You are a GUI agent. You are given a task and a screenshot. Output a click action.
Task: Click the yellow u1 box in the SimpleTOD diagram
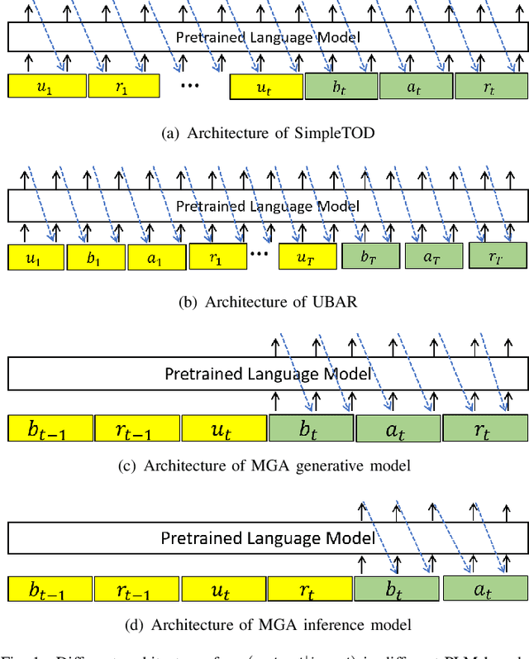pos(47,86)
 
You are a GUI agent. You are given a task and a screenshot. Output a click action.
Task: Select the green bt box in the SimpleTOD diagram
pos(341,86)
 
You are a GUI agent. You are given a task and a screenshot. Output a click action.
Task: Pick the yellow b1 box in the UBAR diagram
pos(95,257)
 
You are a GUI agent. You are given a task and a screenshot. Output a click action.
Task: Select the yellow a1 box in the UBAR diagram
pos(155,257)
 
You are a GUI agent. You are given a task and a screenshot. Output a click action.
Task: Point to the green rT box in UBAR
pos(498,256)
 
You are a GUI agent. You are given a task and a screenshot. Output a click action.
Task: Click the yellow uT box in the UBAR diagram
pos(307,257)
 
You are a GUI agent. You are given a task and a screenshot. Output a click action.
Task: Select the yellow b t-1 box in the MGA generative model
pos(50,428)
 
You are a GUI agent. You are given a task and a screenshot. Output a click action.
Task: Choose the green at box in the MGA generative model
pos(398,428)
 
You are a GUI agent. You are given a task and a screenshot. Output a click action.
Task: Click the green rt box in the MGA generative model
pos(484,428)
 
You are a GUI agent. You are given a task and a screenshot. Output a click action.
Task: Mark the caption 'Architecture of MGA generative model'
pos(265,466)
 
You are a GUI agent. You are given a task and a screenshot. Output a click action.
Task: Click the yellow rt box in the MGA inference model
pos(310,589)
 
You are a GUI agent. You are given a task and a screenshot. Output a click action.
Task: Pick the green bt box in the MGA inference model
pos(397,589)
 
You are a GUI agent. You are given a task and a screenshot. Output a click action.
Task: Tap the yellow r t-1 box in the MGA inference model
pos(136,589)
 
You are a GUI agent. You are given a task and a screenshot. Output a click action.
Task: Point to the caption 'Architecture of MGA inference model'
pos(265,624)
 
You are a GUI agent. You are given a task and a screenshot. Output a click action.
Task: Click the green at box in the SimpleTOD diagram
pos(417,86)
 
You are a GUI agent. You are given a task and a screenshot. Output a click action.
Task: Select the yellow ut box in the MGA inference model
pos(223,589)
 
